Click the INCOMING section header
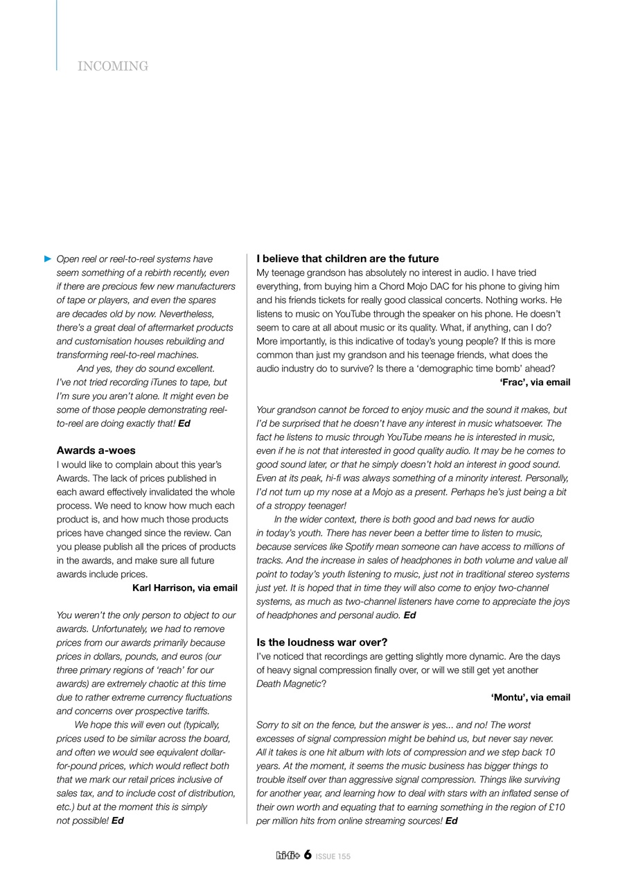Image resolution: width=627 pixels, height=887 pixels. point(113,67)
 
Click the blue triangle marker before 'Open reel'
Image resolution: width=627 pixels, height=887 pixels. point(48,258)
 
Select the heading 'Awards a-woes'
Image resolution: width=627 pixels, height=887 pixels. point(96,450)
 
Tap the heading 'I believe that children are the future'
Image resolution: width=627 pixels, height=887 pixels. point(347,258)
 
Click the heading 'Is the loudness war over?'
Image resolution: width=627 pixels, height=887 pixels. point(321,642)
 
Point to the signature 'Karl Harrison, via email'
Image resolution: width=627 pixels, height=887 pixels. point(184,588)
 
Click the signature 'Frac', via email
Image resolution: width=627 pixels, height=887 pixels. point(534,382)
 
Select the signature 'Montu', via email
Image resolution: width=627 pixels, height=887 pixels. point(530,697)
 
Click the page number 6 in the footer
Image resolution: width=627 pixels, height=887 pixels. point(307,855)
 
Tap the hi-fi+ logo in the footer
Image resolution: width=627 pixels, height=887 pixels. point(288,856)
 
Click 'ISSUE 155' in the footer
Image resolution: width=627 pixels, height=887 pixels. point(333,857)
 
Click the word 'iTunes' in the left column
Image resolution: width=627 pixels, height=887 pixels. point(164,383)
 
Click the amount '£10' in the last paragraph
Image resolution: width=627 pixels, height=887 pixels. point(556,807)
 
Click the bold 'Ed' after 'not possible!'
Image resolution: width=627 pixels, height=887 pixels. point(118,821)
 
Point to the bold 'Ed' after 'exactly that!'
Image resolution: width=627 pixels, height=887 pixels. point(184,423)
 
